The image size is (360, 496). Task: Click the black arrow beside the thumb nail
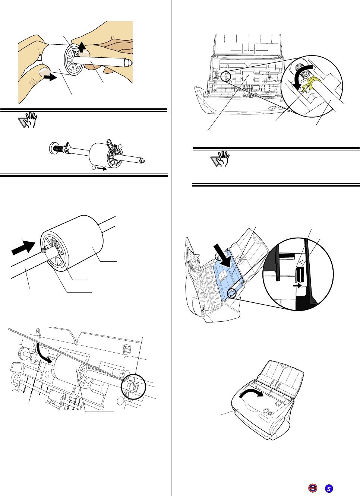(50, 77)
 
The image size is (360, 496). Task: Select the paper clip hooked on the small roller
(110, 144)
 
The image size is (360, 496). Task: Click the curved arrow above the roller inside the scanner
(43, 353)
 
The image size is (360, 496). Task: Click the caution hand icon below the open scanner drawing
(220, 159)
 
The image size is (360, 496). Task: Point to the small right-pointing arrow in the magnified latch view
(297, 286)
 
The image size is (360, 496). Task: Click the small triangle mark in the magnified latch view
(302, 263)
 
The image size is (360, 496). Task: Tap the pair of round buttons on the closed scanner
(266, 411)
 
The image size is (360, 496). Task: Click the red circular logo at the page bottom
(313, 488)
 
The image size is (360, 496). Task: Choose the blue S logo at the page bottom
(329, 489)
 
